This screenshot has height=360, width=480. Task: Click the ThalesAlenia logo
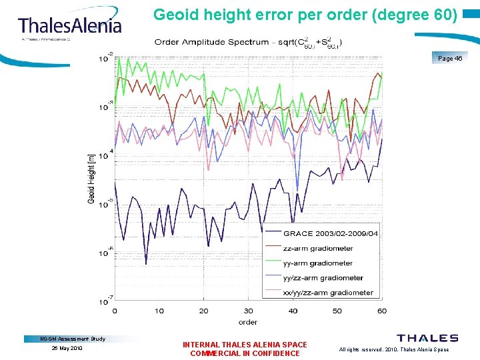70,26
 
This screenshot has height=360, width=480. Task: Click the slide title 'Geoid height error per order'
305,14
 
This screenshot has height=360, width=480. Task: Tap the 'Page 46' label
449,59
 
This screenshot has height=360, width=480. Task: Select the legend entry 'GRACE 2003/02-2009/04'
331,233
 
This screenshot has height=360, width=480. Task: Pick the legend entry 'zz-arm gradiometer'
318,248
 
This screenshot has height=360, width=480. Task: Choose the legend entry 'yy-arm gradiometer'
318,263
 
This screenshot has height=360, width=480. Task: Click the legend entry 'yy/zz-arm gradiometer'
323,277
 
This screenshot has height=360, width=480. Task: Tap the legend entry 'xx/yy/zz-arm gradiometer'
328,292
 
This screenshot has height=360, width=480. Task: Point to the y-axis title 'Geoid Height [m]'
91,178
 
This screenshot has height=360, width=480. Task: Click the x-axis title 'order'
248,322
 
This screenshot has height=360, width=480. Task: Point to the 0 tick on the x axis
115,311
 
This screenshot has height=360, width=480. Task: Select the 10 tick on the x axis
159,311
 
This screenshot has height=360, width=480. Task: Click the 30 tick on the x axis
248,311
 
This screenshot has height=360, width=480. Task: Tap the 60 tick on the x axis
381,311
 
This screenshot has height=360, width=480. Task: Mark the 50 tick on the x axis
337,311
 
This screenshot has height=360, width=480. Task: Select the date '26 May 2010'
66,348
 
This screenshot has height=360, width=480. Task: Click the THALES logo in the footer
427,339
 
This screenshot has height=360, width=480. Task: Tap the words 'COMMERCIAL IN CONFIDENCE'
245,353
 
